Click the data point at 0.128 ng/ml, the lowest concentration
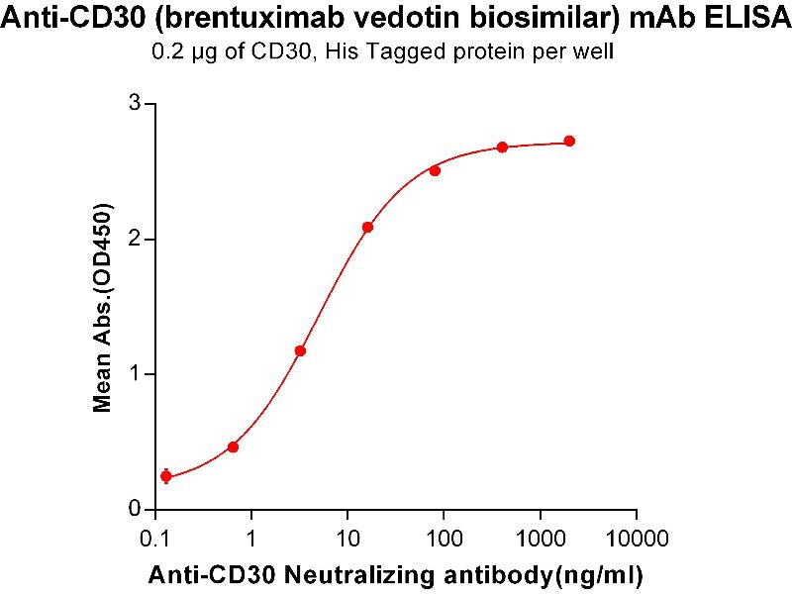coord(165,476)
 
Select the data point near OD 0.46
coord(233,446)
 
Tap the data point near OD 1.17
coord(300,350)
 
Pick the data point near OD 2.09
coord(367,227)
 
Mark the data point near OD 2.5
coord(435,170)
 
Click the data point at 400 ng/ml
coord(502,147)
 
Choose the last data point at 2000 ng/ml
coord(569,141)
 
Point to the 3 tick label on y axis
coord(136,104)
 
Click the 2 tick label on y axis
coord(136,239)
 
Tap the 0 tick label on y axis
coord(136,509)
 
